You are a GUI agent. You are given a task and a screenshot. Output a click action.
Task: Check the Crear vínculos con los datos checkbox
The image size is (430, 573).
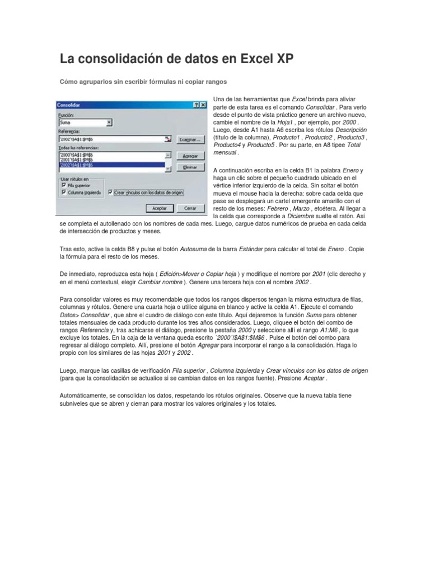[110, 191]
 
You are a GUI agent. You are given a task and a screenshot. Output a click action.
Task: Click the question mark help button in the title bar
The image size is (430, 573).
[197, 105]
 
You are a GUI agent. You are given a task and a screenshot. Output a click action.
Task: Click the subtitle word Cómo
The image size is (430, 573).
[69, 82]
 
